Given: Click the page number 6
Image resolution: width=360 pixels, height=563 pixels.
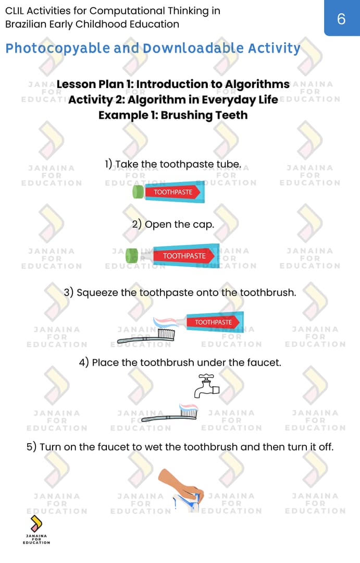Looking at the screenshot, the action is click(341, 19).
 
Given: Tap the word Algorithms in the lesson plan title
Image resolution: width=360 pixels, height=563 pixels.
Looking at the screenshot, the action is click(257, 84).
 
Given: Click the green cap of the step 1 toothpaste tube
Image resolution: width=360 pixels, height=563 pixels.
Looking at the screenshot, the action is click(138, 192).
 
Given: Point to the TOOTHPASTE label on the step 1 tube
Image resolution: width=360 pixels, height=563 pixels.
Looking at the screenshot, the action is click(173, 192).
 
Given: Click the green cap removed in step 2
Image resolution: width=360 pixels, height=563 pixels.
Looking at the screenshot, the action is click(132, 255).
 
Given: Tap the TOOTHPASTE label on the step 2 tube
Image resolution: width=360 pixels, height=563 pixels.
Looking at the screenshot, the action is click(184, 256).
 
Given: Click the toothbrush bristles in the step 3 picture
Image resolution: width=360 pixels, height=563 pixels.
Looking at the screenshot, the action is click(166, 334).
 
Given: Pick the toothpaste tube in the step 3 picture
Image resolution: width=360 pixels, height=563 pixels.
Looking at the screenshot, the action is click(215, 322).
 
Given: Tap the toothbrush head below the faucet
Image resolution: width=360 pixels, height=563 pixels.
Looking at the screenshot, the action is click(189, 412).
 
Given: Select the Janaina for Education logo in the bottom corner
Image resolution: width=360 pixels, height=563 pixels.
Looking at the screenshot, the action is click(36, 530).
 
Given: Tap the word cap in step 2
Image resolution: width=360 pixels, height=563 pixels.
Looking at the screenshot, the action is click(203, 225).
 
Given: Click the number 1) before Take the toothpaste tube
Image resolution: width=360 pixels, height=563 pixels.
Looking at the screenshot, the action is click(108, 164).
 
